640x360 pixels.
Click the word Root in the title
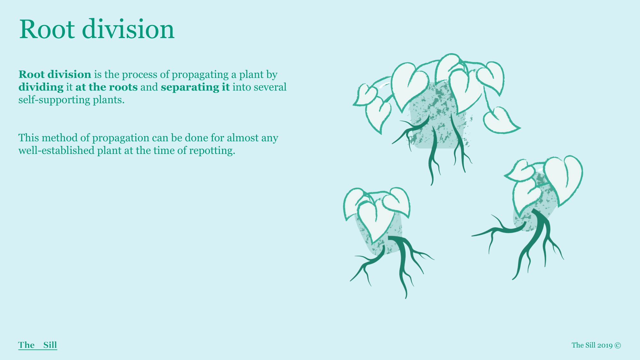click(x=47, y=29)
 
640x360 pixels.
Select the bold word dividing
click(x=41, y=87)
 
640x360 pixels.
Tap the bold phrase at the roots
click(x=107, y=87)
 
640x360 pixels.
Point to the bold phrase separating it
click(x=195, y=87)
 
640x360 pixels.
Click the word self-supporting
click(x=54, y=100)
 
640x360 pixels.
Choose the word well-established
click(x=56, y=150)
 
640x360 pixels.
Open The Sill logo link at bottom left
click(x=38, y=345)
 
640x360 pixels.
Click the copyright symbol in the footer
click(x=618, y=345)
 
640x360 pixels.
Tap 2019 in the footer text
click(x=605, y=345)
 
